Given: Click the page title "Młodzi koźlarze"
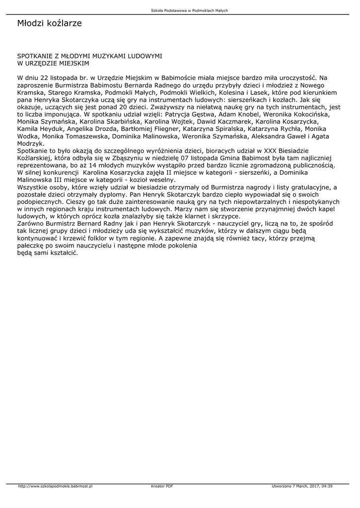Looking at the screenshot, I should (x=49, y=23).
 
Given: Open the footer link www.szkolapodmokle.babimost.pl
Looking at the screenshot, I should (x=55, y=486).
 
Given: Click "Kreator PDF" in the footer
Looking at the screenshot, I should (x=162, y=486).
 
